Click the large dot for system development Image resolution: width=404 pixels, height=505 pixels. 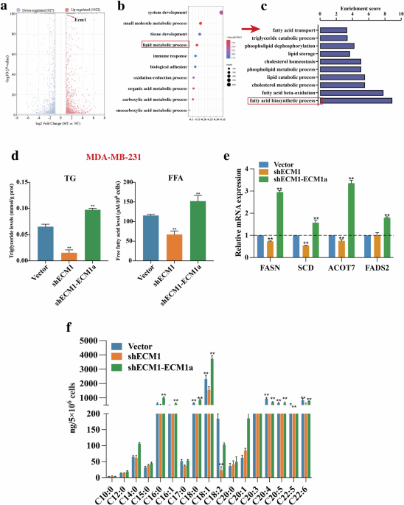[x=221, y=13]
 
